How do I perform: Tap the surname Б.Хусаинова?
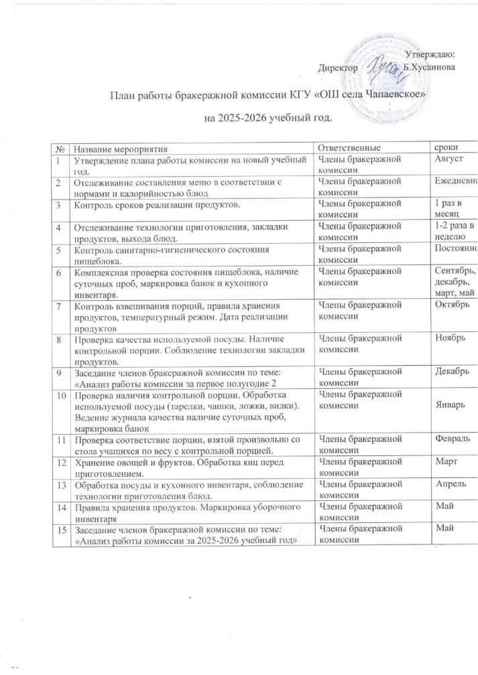[x=430, y=67]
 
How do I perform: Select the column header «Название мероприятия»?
[x=121, y=147]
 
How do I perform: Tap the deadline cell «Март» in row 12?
[x=447, y=461]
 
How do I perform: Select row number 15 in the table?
[x=60, y=530]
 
